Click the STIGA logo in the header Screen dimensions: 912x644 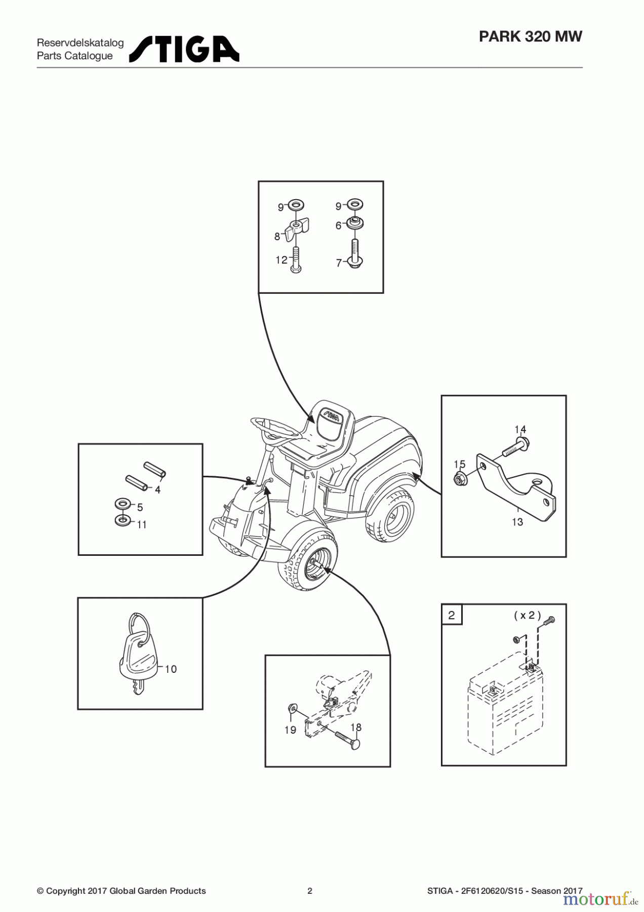click(184, 49)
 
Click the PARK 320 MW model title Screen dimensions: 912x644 click(530, 36)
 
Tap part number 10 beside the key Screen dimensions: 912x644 click(171, 669)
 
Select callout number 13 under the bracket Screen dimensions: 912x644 click(517, 521)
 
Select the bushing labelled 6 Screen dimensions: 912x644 click(355, 222)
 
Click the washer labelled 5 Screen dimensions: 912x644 click(123, 504)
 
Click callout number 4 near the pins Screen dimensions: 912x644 click(157, 489)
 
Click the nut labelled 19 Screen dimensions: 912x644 click(292, 707)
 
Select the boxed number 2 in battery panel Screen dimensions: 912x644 click(452, 615)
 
